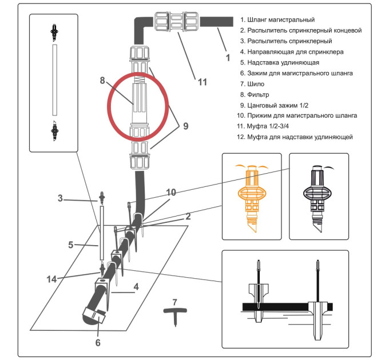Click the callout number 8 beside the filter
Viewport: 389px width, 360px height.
coord(102,80)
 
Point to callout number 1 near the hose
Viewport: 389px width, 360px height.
coord(227,57)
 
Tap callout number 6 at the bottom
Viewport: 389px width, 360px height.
coord(98,343)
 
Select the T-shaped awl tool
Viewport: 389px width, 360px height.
coord(174,313)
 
